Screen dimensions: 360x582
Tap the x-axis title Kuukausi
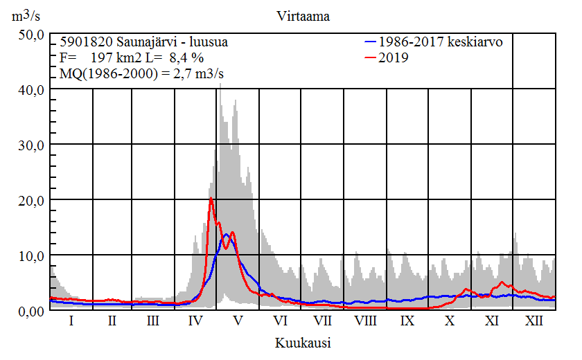(302, 343)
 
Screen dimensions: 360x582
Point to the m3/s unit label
(27, 15)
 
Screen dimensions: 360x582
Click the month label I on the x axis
(71, 322)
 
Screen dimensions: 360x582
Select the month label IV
(195, 322)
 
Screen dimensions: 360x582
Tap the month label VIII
(365, 322)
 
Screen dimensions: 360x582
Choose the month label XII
(534, 322)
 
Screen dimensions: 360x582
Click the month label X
(450, 322)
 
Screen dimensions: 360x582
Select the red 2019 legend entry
(393, 58)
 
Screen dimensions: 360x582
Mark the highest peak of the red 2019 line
(211, 199)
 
